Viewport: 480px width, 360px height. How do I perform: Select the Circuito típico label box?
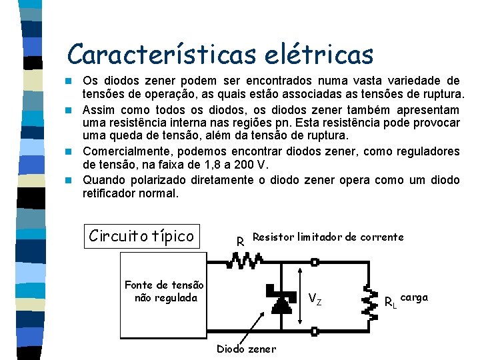[141, 235]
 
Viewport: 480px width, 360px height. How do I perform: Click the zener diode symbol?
[281, 304]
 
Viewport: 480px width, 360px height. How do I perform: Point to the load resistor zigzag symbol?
[367, 301]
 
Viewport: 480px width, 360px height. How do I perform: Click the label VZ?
[315, 300]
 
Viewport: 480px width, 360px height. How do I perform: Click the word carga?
[415, 297]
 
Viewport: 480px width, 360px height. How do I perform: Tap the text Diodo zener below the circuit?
[246, 349]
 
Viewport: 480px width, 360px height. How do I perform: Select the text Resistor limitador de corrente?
[328, 237]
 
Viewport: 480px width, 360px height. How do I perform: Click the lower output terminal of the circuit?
[315, 330]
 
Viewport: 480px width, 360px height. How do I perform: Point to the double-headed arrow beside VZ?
[301, 297]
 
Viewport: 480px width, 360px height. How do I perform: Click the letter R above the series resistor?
[240, 241]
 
